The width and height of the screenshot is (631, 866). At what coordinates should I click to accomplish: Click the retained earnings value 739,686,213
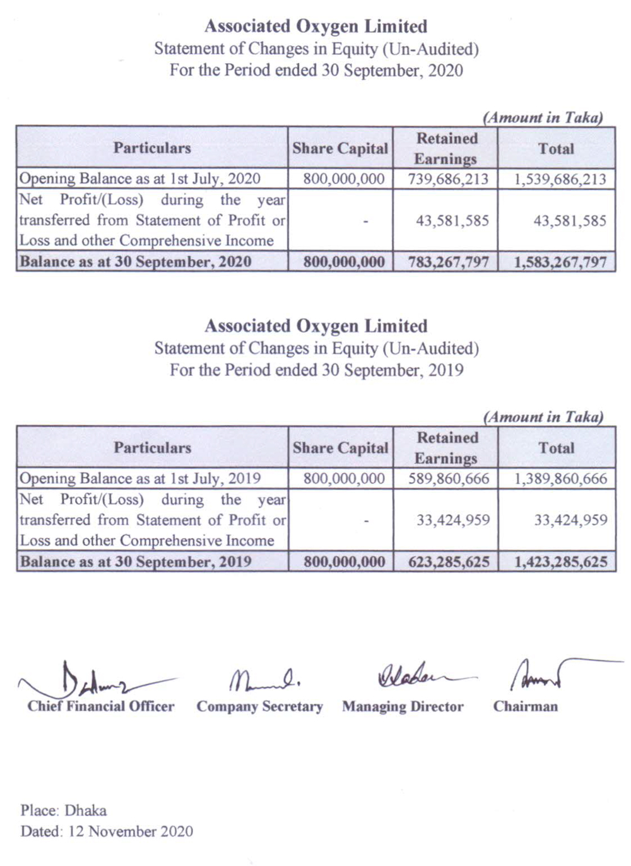448,179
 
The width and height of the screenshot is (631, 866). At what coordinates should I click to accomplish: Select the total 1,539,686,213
560,179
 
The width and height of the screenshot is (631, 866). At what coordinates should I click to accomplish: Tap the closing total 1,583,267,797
560,262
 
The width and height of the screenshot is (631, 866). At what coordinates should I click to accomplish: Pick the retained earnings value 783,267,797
448,262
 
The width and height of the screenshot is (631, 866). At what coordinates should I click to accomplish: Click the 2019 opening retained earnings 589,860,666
448,479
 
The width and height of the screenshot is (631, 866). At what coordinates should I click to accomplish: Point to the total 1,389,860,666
560,479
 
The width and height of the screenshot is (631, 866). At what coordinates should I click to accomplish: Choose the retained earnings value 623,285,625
449,562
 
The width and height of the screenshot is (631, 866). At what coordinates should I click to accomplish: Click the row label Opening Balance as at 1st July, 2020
139,179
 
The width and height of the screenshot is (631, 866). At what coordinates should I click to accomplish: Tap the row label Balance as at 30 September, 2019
136,562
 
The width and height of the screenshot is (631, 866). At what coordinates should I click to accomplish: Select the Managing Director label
403,706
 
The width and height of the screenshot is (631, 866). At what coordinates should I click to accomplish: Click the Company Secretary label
259,706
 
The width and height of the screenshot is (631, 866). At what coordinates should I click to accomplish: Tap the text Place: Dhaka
63,810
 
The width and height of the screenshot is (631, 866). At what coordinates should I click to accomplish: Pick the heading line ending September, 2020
315,70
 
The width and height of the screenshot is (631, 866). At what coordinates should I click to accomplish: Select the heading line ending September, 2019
315,370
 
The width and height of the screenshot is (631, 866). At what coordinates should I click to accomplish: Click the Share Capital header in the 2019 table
340,448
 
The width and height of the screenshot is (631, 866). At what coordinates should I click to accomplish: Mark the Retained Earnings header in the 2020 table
446,148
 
